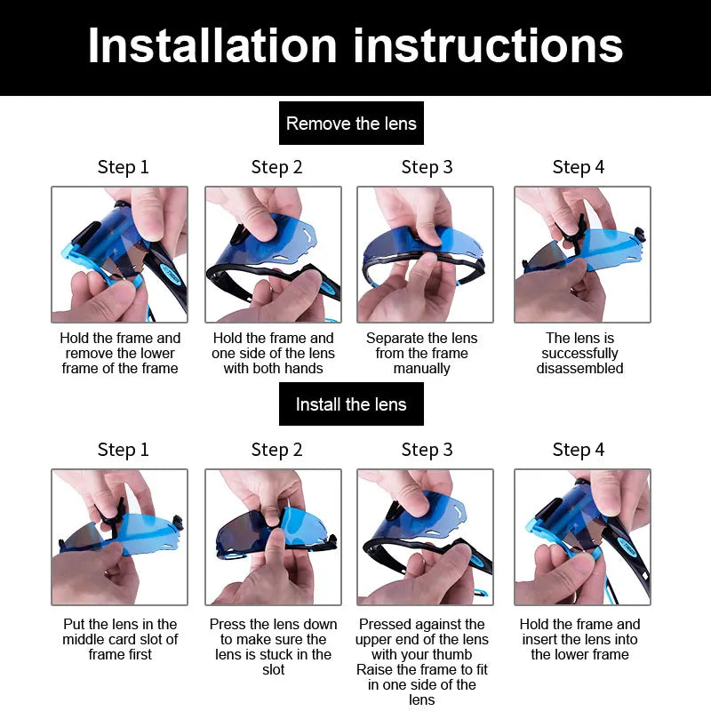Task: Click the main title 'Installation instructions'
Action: pyautogui.click(x=355, y=45)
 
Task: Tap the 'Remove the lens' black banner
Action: pyautogui.click(x=351, y=124)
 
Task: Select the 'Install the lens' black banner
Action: pyautogui.click(x=351, y=404)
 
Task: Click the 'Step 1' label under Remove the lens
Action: pyautogui.click(x=124, y=167)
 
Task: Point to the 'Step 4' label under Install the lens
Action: pyautogui.click(x=579, y=450)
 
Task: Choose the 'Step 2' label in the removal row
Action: pyautogui.click(x=276, y=167)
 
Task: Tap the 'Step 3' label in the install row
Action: pyautogui.click(x=427, y=450)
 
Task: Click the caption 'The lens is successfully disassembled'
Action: pyautogui.click(x=580, y=353)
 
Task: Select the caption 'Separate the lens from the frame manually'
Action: pyautogui.click(x=421, y=353)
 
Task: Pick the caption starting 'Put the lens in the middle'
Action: pyautogui.click(x=120, y=639)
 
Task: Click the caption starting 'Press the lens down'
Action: pyautogui.click(x=274, y=647)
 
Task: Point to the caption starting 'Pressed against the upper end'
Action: pyautogui.click(x=421, y=661)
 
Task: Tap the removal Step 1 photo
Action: pyautogui.click(x=120, y=254)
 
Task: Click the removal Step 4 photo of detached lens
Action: pyautogui.click(x=583, y=254)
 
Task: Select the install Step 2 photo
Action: pyautogui.click(x=273, y=538)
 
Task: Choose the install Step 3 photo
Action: pyautogui.click(x=426, y=538)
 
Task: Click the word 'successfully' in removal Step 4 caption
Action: pyautogui.click(x=580, y=353)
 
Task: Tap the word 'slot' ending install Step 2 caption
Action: pyautogui.click(x=274, y=669)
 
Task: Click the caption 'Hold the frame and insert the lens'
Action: pyautogui.click(x=580, y=639)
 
